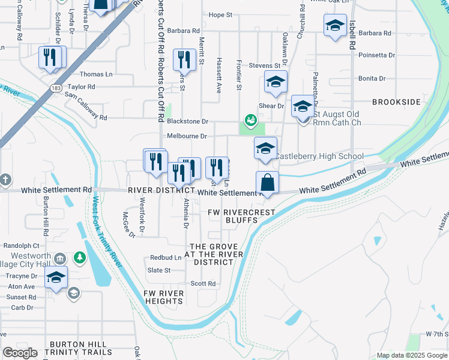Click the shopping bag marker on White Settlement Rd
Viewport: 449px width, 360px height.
tap(267, 182)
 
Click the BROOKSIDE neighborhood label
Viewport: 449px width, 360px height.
tap(396, 102)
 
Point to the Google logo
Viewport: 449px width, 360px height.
tap(20, 353)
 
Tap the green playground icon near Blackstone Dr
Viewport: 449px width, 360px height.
tap(249, 120)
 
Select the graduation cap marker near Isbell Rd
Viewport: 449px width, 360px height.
tap(335, 26)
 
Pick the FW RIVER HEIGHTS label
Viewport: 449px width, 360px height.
tap(163, 297)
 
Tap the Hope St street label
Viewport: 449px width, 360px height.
tap(220, 14)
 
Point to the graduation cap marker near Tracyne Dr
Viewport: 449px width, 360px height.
tap(56, 277)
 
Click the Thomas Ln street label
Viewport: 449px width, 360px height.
tap(96, 74)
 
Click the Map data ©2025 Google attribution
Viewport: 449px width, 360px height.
tap(412, 355)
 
